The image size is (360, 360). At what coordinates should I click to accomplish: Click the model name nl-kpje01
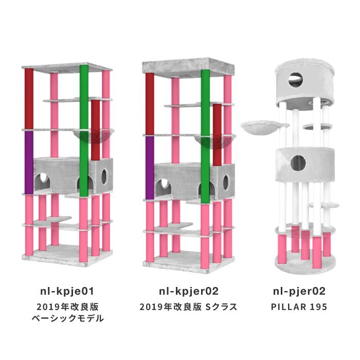67,292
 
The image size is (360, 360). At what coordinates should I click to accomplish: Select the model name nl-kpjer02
189,292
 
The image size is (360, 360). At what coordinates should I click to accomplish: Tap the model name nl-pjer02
299,292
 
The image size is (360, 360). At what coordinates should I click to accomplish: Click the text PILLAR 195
299,307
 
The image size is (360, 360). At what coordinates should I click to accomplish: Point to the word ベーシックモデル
68,318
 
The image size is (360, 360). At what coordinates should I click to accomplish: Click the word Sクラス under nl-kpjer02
221,307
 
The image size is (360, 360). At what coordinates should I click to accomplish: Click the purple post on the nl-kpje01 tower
29,163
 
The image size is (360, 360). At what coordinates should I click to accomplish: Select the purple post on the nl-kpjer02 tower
150,168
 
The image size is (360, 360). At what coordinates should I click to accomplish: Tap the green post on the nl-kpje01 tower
84,131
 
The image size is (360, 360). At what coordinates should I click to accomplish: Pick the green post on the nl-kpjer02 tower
205,136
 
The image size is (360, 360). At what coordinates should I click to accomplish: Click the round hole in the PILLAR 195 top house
296,80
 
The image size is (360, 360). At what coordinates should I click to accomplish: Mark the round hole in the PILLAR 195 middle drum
298,163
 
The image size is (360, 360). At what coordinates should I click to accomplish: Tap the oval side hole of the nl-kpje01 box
104,177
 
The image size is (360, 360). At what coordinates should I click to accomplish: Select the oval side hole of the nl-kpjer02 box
226,183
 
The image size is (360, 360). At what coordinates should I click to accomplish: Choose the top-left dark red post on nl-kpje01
29,99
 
